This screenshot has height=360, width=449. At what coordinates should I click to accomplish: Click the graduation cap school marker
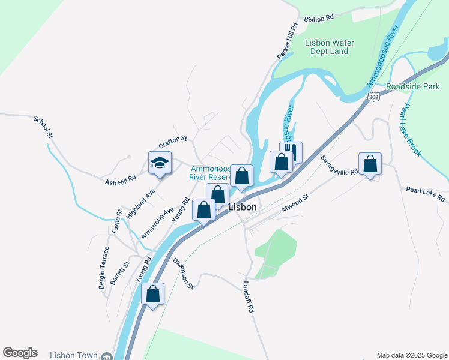coord(160,163)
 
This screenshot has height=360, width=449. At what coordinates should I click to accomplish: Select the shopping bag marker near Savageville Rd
coord(370,164)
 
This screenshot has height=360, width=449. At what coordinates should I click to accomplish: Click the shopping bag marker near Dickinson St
coord(153,295)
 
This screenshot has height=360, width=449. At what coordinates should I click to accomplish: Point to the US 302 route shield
coord(373,97)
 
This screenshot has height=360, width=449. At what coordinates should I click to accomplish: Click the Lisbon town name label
coord(243,207)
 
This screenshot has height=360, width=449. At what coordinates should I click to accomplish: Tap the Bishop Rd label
coord(319,19)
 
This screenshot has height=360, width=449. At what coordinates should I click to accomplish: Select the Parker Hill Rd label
coord(288,41)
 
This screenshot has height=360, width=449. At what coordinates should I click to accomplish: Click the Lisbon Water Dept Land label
coord(330,47)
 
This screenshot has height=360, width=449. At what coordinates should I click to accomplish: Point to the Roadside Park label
coord(413,86)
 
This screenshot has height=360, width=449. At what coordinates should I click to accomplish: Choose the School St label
coord(43,127)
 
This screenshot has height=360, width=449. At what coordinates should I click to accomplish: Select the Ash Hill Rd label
coord(121,180)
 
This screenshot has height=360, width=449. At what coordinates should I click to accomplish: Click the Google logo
coord(20,353)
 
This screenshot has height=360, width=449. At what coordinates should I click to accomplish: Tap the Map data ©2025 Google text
coord(411,355)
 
